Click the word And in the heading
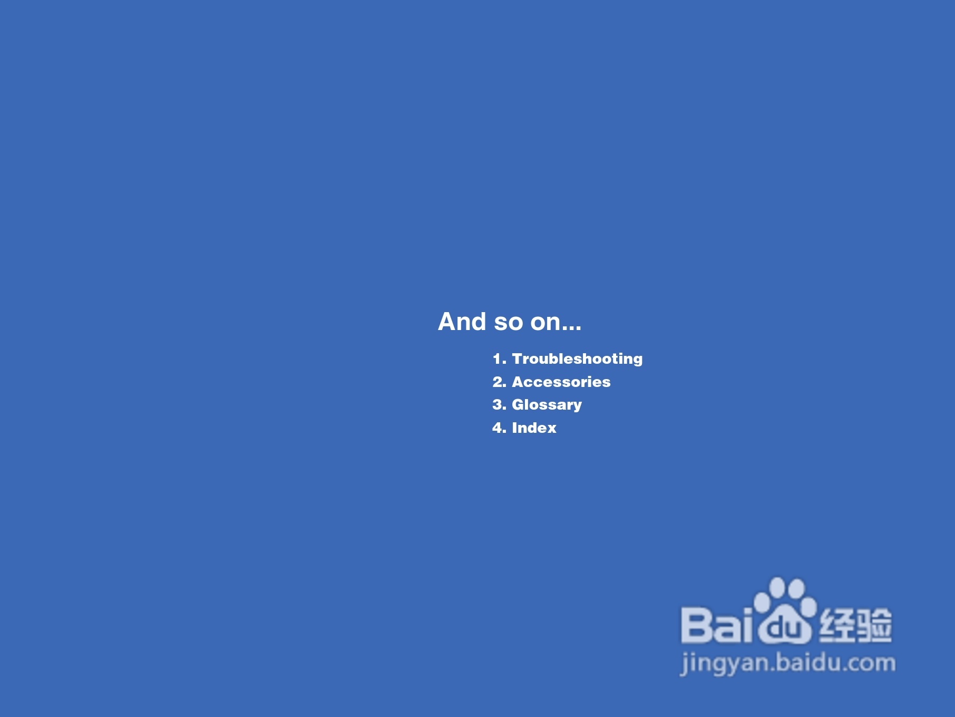[462, 322]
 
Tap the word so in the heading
[509, 323]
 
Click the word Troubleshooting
[577, 359]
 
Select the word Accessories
[561, 382]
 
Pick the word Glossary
[547, 405]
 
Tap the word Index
[534, 428]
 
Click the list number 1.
[499, 359]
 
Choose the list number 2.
[499, 382]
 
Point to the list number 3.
[499, 405]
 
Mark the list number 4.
[499, 428]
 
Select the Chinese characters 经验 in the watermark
[855, 625]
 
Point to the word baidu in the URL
[812, 662]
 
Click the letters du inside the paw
[785, 627]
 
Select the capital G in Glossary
[519, 404]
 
